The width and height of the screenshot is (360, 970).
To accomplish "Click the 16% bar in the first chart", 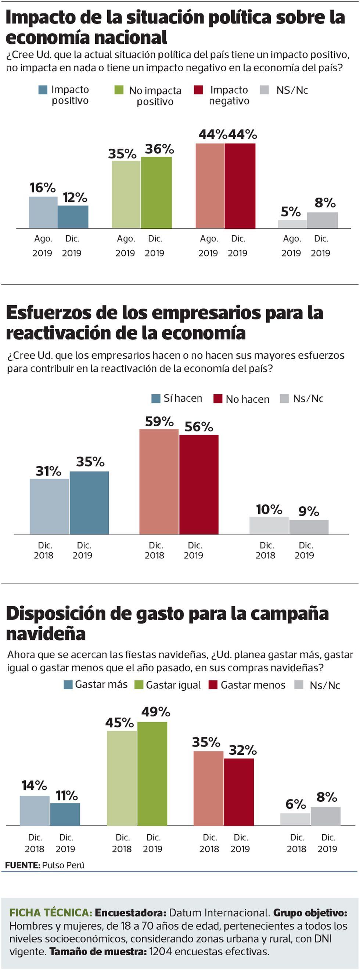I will click(43, 212).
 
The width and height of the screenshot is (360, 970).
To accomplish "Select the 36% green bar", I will click(156, 193).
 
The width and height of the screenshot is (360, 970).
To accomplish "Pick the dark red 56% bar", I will click(199, 484).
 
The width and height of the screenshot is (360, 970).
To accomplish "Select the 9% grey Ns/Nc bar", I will click(309, 527).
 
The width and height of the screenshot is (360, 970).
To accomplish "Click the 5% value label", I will click(291, 212).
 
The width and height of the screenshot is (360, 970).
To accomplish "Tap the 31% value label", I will click(48, 471).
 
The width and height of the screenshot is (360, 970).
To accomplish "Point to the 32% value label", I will click(242, 750).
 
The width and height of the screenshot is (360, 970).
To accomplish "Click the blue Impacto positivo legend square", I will click(43, 90).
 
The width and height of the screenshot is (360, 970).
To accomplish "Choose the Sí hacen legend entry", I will click(177, 398).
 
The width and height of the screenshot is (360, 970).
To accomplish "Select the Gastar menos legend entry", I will click(247, 685).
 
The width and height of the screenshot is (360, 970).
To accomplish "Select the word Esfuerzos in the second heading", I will click(48, 313).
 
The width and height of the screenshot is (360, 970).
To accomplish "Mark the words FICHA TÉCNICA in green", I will click(50, 913).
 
